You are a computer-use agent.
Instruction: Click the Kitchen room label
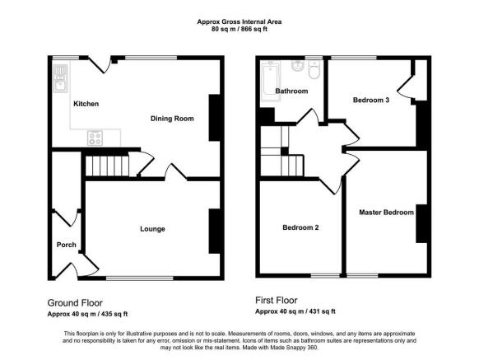[x=86, y=104]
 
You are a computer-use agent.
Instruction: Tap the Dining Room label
[x=172, y=119]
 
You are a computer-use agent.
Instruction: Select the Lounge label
[x=152, y=229]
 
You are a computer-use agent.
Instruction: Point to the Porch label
[x=66, y=245]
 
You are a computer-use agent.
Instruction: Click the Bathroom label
[x=291, y=91]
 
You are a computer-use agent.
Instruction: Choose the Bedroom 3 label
[x=371, y=101]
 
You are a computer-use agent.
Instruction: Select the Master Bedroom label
[x=386, y=213]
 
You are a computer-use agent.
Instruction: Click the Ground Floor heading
[x=75, y=302]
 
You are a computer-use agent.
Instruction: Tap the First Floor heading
[x=276, y=301]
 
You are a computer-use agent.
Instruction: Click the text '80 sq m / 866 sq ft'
[x=239, y=30]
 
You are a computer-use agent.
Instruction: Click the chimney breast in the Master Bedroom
[x=421, y=222]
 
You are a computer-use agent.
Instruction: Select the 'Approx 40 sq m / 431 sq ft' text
[x=295, y=311]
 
